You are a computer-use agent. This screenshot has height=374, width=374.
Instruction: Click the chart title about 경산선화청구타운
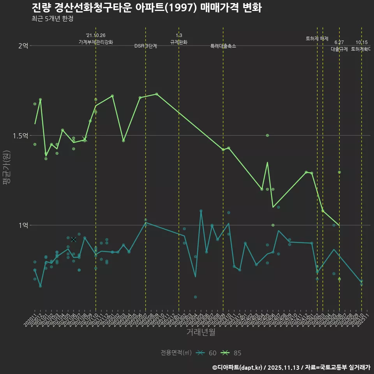146,8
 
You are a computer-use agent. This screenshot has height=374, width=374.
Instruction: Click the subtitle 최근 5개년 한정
52,19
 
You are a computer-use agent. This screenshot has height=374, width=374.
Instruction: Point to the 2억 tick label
23,46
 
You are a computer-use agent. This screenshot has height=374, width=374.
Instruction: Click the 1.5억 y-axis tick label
20,136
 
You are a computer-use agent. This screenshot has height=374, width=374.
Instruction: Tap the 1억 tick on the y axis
23,225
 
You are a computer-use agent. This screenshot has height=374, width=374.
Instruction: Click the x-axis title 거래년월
201,332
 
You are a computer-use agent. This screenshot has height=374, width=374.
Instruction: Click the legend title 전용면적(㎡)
176,353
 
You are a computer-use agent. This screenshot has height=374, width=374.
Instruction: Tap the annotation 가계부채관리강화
95,42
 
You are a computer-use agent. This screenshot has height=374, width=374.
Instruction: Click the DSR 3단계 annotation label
146,46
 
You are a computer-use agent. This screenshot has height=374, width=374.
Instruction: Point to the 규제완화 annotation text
179,42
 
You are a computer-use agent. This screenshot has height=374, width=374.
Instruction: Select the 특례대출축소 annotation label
223,46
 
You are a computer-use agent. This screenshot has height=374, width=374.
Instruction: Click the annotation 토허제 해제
317,39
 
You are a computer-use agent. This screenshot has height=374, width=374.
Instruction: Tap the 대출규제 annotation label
339,49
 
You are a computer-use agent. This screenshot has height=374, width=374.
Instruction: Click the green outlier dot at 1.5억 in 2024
267,135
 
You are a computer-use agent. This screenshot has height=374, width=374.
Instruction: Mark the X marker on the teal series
74,239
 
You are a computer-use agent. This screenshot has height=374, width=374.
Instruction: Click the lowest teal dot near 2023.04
195,297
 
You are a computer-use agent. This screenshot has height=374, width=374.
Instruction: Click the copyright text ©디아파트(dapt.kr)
238,367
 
